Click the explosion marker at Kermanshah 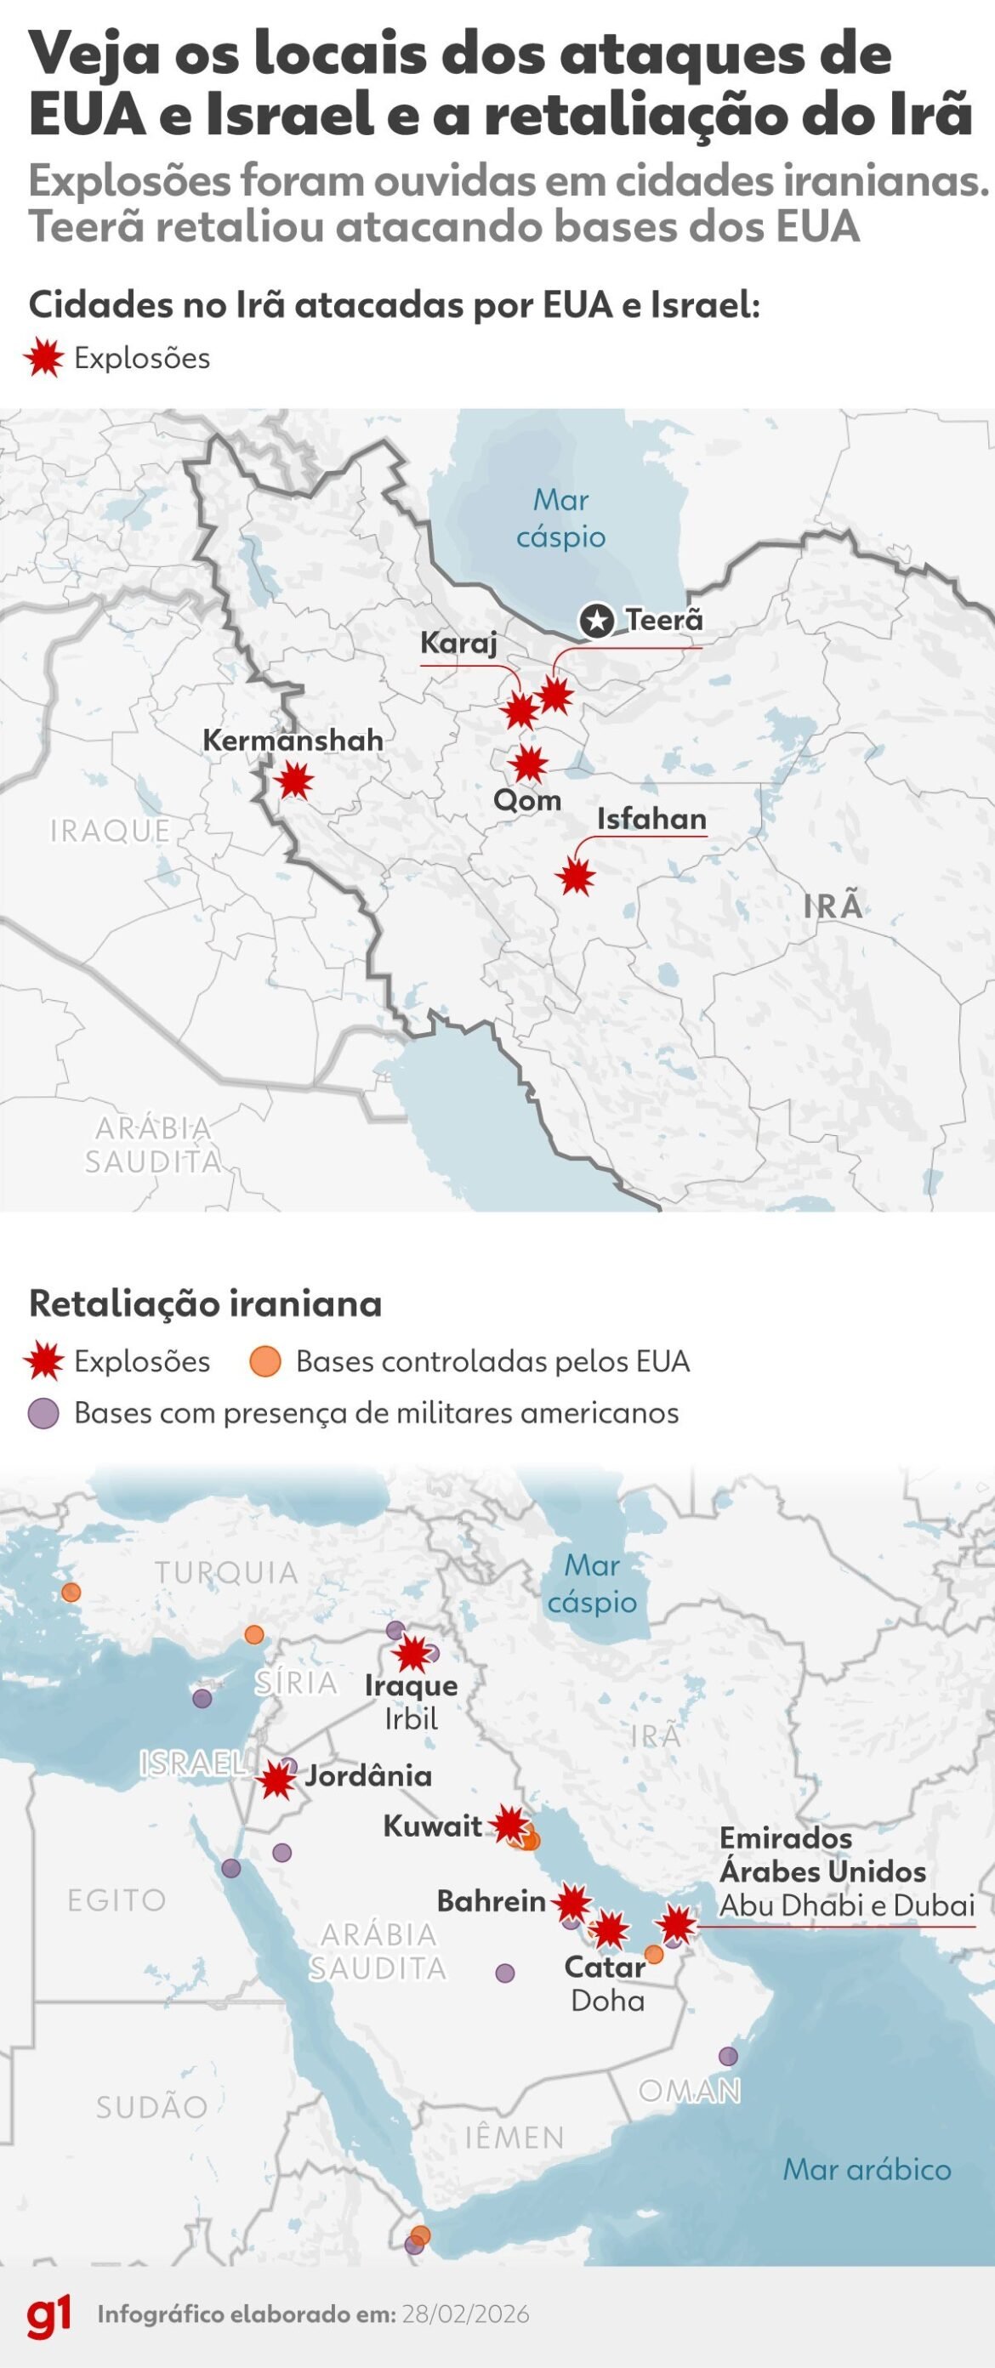coord(295,781)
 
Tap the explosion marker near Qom coord(529,763)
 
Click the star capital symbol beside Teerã coord(597,622)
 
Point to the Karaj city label coord(459,643)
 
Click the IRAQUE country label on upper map coord(111,830)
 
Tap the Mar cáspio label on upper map coord(561,519)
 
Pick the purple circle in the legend coord(44,1413)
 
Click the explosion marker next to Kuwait coord(509,1824)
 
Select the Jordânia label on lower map coord(368,1775)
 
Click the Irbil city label coord(411,1719)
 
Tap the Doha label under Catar coord(607,2001)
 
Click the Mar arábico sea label coord(867,2169)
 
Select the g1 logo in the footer coord(48,2314)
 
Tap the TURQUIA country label coord(226,1573)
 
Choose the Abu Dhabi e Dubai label coord(846,1905)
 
